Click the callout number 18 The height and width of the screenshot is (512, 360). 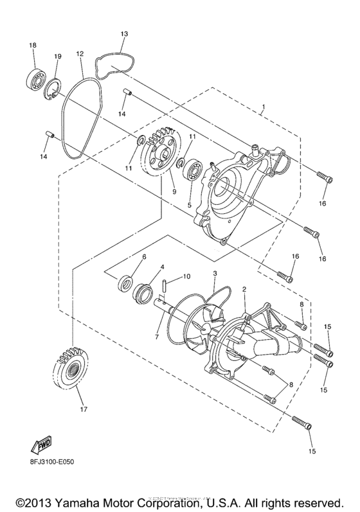[32, 46]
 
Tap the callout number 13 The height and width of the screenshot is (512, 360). [124, 33]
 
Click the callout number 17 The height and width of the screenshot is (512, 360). [82, 408]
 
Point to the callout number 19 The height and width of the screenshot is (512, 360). [57, 57]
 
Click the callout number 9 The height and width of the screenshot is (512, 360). [172, 191]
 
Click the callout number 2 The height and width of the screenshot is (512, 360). [244, 290]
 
